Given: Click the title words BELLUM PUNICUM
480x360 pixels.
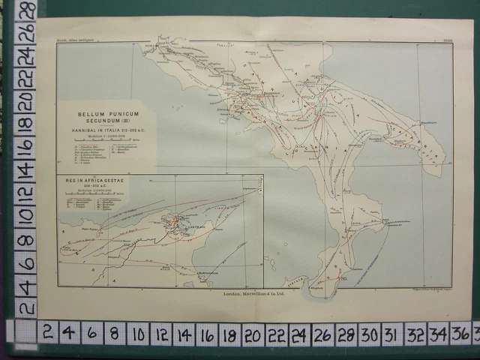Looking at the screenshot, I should click(x=106, y=114).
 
